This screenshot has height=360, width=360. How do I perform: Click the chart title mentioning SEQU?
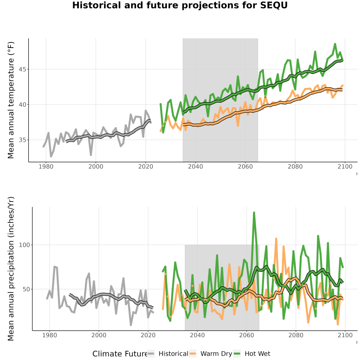pyautogui.click(x=180, y=5)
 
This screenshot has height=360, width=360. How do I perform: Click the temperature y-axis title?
pyautogui.click(x=11, y=100)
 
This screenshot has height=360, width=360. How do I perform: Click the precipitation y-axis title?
pyautogui.click(x=11, y=269)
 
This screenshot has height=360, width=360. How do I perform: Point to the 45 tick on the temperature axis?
pyautogui.click(x=22, y=69)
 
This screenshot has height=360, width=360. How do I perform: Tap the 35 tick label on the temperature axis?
pyautogui.click(x=22, y=140)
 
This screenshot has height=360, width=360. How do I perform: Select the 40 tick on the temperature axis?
pyautogui.click(x=22, y=105)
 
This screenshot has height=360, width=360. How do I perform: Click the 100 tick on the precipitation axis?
pyautogui.click(x=24, y=245)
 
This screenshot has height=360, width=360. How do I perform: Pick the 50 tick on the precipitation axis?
pyautogui.click(x=26, y=289)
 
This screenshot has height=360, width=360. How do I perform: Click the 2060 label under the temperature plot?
pyautogui.click(x=245, y=166)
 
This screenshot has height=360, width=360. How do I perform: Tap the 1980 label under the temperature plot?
pyautogui.click(x=46, y=166)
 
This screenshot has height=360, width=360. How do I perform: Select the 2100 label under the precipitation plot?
pyautogui.click(x=345, y=335)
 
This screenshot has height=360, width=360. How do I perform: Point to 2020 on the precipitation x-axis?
pyautogui.click(x=148, y=335)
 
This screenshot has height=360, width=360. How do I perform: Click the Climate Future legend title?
pyautogui.click(x=120, y=354)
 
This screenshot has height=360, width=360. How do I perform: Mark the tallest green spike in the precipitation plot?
pyautogui.click(x=254, y=213)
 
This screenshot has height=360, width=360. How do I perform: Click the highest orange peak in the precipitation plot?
pyautogui.click(x=276, y=239)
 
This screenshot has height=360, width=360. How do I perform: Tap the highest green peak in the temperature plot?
pyautogui.click(x=335, y=44)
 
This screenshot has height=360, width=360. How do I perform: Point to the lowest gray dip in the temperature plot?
pyautogui.click(x=51, y=156)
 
